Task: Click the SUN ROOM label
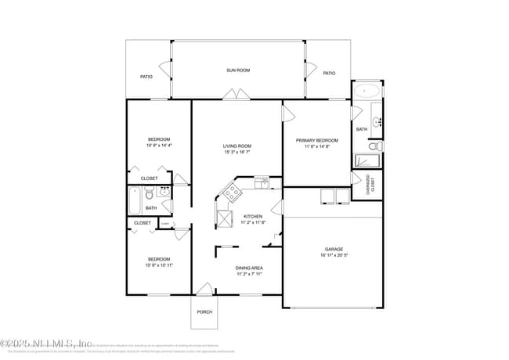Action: click(x=238, y=70)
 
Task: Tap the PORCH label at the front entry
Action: click(x=204, y=311)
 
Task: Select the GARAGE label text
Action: click(x=334, y=249)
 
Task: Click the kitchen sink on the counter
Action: click(x=261, y=182)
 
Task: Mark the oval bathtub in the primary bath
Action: click(x=366, y=91)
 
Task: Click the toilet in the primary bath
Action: click(x=373, y=146)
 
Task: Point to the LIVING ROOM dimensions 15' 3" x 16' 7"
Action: click(x=237, y=153)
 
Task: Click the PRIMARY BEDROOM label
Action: click(x=316, y=140)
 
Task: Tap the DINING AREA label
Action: click(x=249, y=268)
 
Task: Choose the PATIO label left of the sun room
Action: click(x=146, y=77)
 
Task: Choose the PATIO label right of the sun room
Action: click(x=329, y=73)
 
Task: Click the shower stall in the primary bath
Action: click(x=367, y=161)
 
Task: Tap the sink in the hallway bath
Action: click(x=165, y=191)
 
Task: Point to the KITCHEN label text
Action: click(x=253, y=216)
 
